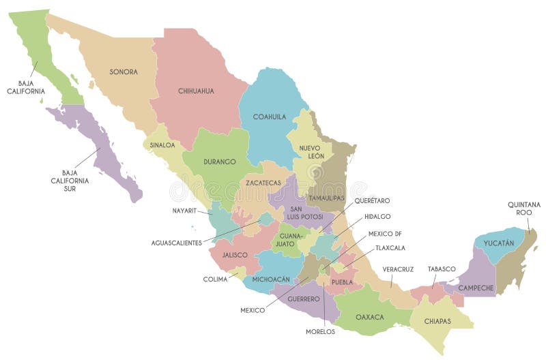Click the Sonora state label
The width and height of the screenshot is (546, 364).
tap(124, 72)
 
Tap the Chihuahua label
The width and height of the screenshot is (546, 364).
tap(196, 91)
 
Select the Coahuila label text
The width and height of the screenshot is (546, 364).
tap(269, 117)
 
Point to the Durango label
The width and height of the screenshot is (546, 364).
tap(219, 162)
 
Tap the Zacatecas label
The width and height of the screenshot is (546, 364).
tap(263, 183)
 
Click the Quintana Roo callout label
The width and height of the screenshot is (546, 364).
tap(524, 208)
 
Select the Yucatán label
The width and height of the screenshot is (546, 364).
tap(499, 242)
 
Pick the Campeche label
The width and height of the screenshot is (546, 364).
tap(476, 288)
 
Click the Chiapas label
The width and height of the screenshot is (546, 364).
tap(437, 320)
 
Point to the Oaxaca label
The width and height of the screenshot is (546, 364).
tap(369, 317)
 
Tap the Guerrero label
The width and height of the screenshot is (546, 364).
tap(303, 299)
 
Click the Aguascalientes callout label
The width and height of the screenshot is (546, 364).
tap(177, 243)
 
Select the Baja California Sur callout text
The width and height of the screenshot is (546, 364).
tap(69, 181)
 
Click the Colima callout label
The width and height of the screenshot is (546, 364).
tap(215, 279)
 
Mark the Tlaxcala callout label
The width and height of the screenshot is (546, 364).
tap(390, 247)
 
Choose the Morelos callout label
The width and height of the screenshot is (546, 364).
tap(321, 331)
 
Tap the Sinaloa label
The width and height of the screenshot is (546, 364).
tap(162, 145)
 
